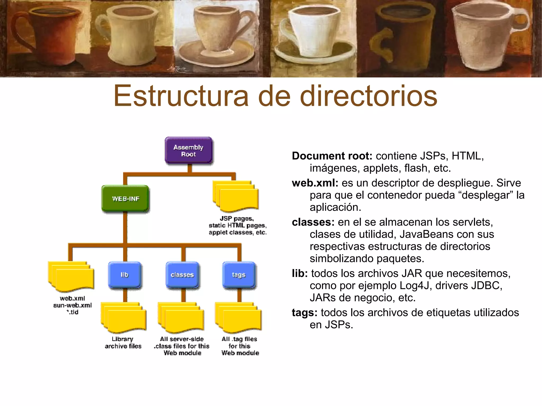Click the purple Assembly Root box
[188, 150]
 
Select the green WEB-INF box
[125, 198]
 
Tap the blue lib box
[124, 275]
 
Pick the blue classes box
[182, 275]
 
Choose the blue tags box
[239, 275]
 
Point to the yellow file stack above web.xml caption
[71, 276]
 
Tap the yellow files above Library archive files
[123, 317]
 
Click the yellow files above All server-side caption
[181, 317]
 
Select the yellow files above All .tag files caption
[238, 317]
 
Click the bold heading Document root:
[332, 156]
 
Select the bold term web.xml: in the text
[315, 183]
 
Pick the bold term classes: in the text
[313, 222]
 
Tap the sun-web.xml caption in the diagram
[73, 305]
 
